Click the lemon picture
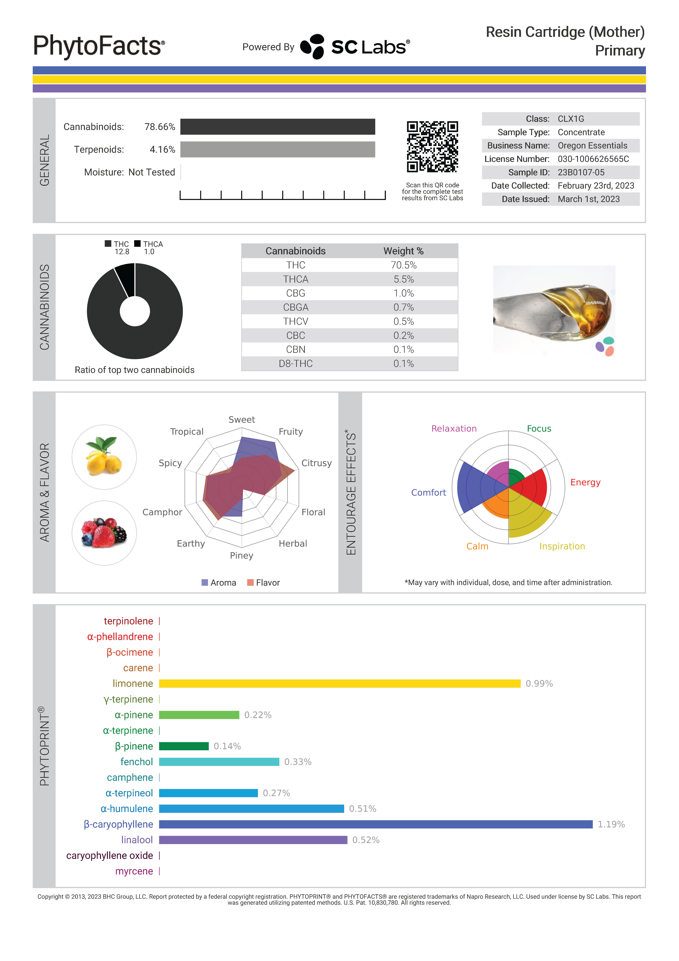coord(104,457)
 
